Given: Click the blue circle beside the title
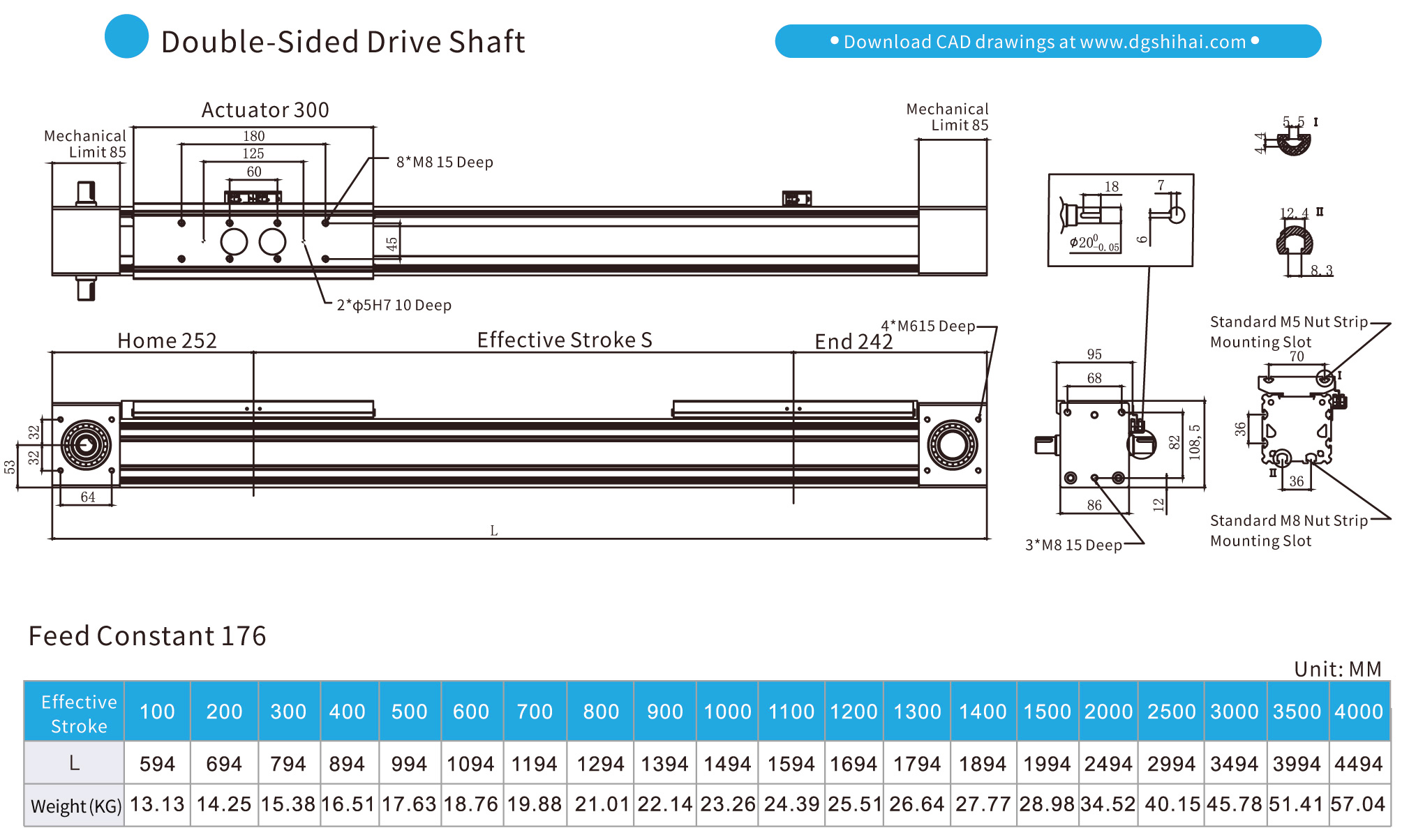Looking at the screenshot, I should [x=126, y=36].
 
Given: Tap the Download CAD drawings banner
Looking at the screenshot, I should [x=1048, y=42].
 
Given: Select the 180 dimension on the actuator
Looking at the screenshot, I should [x=253, y=136].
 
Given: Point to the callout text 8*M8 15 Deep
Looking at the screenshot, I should [x=445, y=163].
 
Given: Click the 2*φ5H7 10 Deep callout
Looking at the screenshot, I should [x=394, y=306].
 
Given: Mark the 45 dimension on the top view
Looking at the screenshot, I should [x=392, y=243].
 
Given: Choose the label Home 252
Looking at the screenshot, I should [x=167, y=340].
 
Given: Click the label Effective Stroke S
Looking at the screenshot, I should [x=564, y=340].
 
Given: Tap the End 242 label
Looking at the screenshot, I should [x=853, y=342].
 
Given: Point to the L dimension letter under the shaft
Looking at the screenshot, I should [x=493, y=531].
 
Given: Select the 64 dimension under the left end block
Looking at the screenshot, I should [x=87, y=497].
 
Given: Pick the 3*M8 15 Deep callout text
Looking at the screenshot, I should [x=1073, y=545].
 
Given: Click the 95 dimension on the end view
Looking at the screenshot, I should [x=1094, y=354].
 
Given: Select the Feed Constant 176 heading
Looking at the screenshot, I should [x=147, y=636].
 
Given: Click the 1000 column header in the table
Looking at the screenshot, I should [x=726, y=712].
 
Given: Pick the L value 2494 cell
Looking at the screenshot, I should [x=1108, y=764].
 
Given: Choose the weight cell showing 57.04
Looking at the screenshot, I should [x=1357, y=804].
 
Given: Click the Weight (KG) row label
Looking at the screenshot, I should [x=75, y=806].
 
